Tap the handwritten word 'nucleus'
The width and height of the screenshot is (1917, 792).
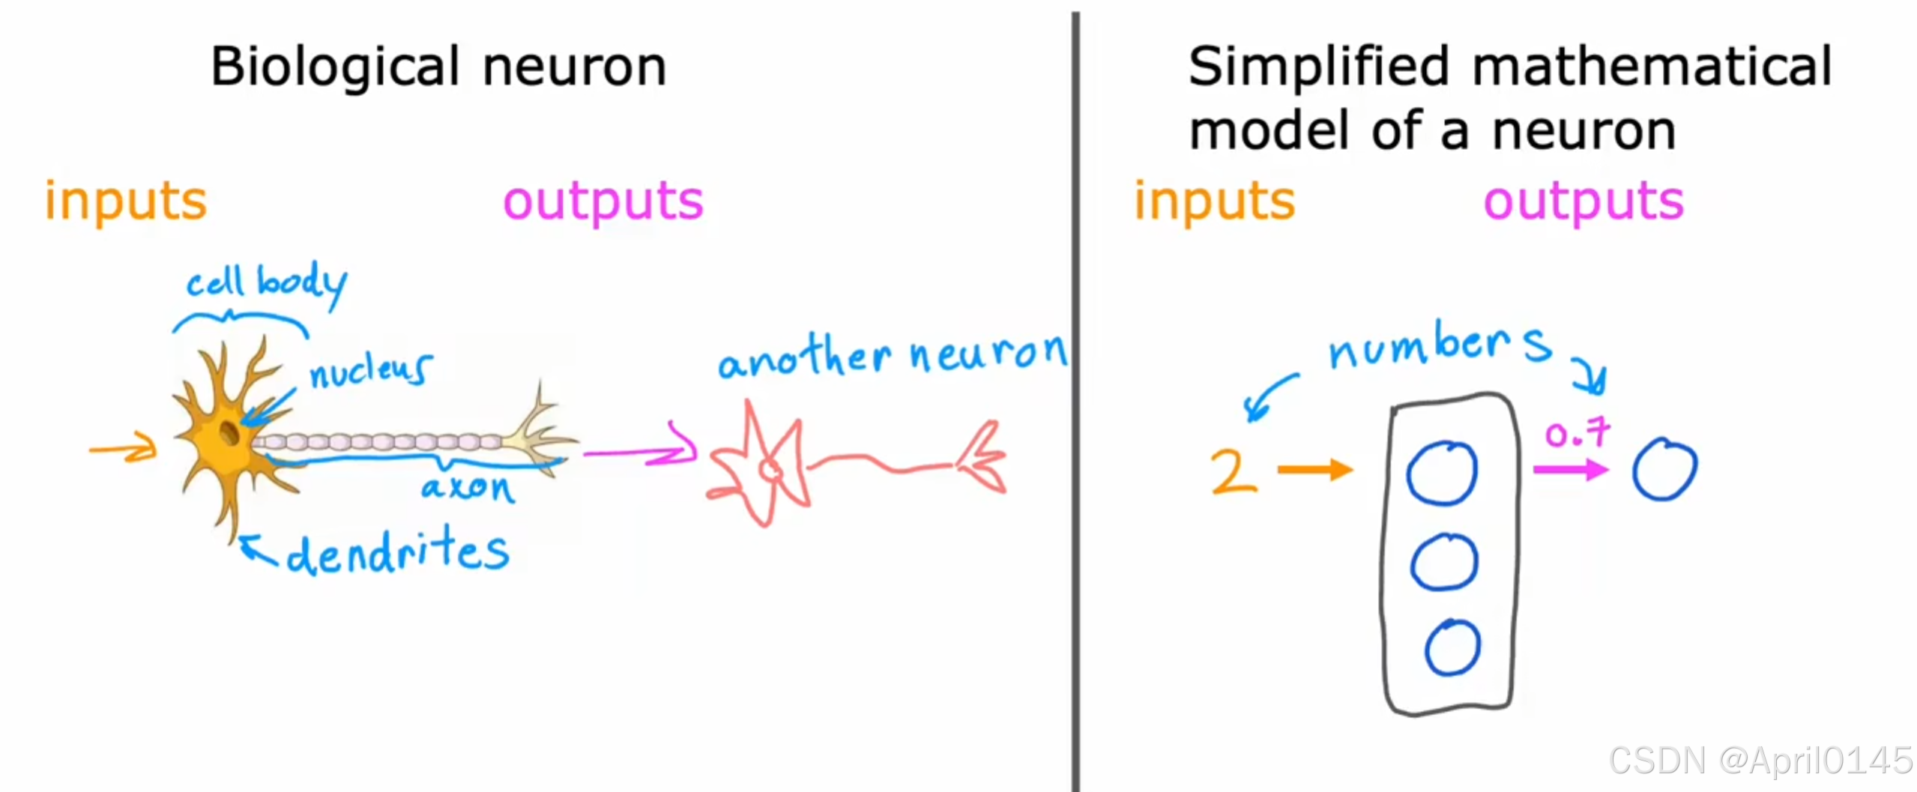click(x=370, y=370)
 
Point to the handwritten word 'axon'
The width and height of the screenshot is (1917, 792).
click(x=467, y=488)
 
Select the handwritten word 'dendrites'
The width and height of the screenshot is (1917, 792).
click(x=397, y=552)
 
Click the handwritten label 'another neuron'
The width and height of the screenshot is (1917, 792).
click(x=892, y=355)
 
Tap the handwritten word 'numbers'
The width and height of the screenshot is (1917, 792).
click(x=1439, y=346)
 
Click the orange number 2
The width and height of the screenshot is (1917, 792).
click(x=1232, y=471)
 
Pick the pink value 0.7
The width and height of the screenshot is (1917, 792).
click(x=1577, y=433)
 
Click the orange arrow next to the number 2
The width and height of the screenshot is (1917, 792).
click(x=1314, y=470)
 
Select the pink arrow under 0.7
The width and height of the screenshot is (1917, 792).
click(x=1570, y=470)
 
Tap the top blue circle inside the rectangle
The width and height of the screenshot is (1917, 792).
click(x=1442, y=473)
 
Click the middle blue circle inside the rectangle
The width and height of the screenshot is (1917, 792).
click(x=1444, y=562)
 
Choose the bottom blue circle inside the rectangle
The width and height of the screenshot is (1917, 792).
click(x=1452, y=647)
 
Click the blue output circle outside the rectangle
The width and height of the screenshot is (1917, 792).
click(x=1664, y=470)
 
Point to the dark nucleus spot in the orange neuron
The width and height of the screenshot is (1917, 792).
click(x=229, y=432)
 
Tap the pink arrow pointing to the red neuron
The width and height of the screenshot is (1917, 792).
click(x=641, y=452)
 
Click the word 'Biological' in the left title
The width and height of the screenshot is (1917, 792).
click(x=334, y=67)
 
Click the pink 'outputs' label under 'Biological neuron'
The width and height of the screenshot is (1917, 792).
click(x=603, y=202)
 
